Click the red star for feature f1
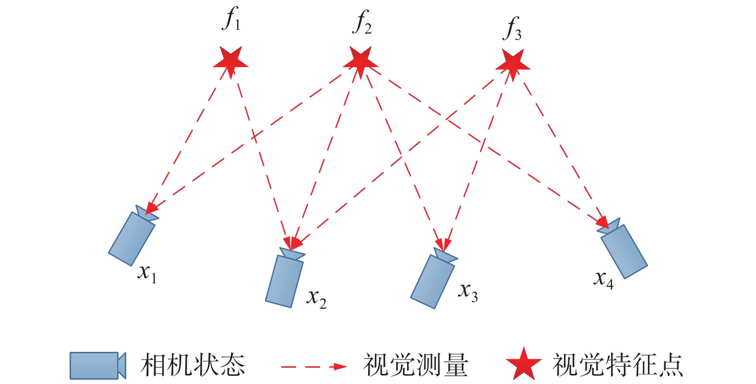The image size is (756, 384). tap(231, 61)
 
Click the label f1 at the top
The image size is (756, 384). tap(232, 21)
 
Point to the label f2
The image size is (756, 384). tap(362, 23)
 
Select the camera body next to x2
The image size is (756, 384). tap(284, 280)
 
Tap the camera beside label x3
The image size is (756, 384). tap(432, 280)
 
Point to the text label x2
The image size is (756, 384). tap(316, 299)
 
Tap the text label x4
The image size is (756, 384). tap(604, 279)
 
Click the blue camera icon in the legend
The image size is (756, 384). tap(97, 366)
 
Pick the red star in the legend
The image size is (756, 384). tap(524, 364)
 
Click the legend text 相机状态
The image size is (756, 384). tap(193, 365)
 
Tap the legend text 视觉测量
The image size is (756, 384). tap(415, 365)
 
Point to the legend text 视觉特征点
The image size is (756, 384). tap(618, 365)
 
